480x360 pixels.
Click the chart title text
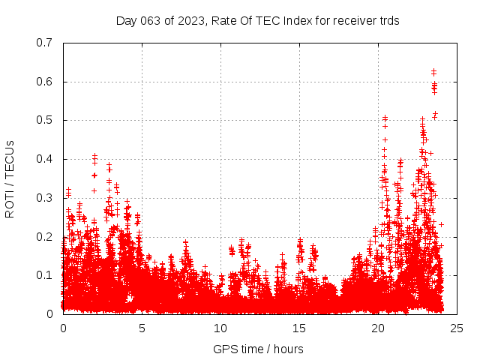click(257, 20)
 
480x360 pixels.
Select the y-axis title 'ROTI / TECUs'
click(10, 178)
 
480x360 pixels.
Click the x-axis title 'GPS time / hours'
click(258, 349)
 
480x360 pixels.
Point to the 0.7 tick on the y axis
click(43, 43)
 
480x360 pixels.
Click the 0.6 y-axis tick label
click(43, 82)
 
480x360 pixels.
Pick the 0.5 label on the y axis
click(43, 120)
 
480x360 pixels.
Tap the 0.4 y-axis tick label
click(43, 159)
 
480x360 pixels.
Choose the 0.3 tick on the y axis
click(43, 198)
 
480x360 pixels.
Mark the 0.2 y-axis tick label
click(43, 237)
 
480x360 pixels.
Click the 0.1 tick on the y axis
click(43, 275)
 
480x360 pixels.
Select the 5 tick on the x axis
click(142, 328)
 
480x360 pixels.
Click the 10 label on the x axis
click(220, 328)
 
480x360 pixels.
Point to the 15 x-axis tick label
click(299, 328)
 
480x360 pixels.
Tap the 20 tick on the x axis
click(378, 328)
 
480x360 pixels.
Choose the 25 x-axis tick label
click(457, 328)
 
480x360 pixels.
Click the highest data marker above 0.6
click(433, 71)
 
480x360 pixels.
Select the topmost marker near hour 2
click(94, 156)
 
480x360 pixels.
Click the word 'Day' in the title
click(127, 20)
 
